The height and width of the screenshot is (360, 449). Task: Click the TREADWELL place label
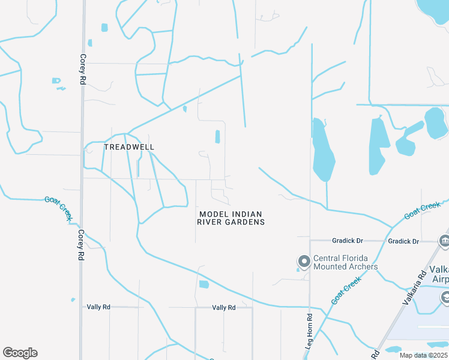point(129,147)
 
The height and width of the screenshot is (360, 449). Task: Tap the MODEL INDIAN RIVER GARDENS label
point(231,218)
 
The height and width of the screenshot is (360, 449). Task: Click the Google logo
point(20,353)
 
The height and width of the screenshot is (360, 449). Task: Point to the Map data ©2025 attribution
point(423,355)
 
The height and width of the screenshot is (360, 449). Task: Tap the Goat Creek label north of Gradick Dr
point(423,211)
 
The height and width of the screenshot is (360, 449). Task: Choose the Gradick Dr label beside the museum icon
point(403,241)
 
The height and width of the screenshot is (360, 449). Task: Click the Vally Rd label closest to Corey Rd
point(98,307)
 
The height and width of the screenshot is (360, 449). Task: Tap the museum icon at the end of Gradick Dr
point(444,241)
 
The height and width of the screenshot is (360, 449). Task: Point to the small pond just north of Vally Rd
point(203,284)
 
